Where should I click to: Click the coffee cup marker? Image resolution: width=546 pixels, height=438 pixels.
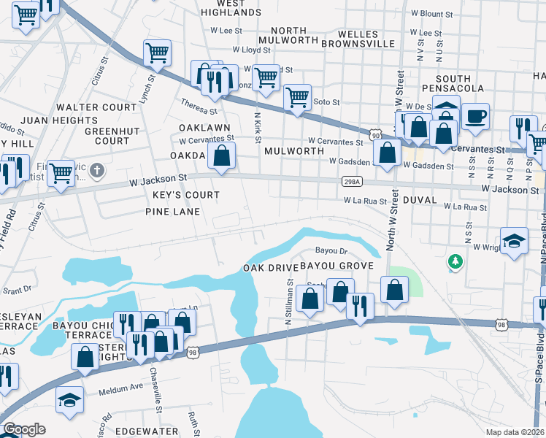click(475, 118)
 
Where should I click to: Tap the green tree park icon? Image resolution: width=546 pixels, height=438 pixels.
click(457, 261)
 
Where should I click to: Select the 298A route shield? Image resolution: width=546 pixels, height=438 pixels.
click(348, 182)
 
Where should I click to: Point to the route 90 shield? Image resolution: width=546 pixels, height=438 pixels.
click(374, 135)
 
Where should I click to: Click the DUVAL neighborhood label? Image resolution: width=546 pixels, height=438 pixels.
click(418, 199)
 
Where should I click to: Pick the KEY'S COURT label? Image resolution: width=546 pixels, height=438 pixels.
click(186, 195)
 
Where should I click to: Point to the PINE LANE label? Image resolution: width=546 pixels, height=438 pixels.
click(177, 211)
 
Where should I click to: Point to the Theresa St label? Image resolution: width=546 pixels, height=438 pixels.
click(199, 107)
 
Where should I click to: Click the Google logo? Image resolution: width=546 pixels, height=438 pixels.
click(23, 429)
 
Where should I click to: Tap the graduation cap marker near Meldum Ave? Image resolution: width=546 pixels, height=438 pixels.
click(69, 401)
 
